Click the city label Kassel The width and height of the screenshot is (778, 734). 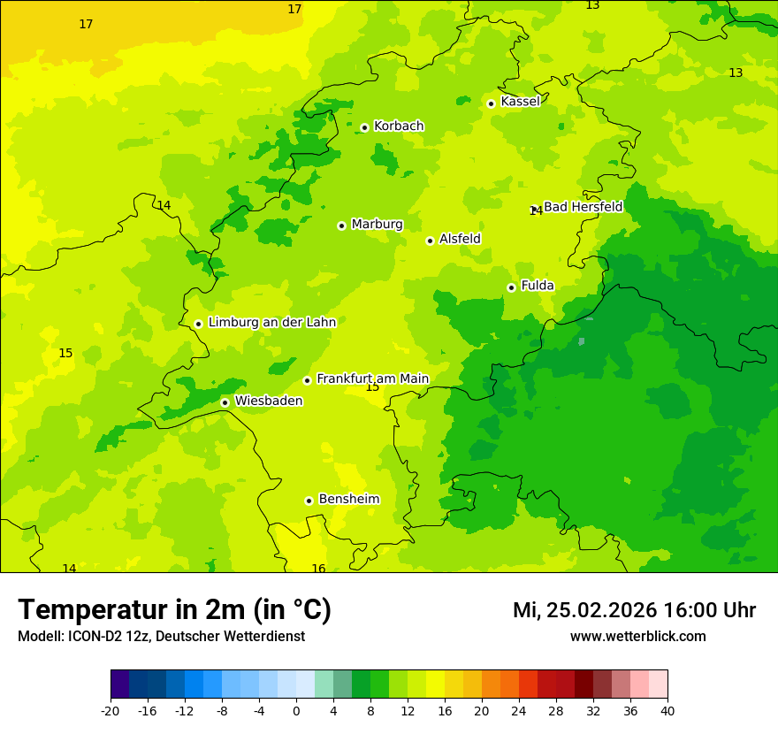click(520, 102)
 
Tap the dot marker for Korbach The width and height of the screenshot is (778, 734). click(364, 127)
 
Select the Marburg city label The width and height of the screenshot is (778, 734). click(377, 225)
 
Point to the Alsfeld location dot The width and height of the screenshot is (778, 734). click(431, 241)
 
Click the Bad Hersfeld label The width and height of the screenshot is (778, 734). click(583, 207)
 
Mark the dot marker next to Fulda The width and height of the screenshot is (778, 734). click(511, 287)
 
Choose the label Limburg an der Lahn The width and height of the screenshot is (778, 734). click(271, 323)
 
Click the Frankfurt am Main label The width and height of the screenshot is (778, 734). click(372, 378)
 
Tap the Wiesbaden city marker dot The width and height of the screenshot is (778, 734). click(225, 402)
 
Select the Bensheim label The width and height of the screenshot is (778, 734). click(348, 500)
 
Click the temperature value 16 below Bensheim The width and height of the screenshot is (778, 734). click(318, 569)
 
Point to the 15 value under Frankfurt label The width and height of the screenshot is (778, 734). click(372, 387)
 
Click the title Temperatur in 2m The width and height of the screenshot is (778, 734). click(174, 610)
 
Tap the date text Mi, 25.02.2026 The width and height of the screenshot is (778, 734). click(584, 610)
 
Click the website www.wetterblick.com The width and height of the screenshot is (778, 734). click(637, 637)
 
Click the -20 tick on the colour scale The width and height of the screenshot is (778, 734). click(111, 710)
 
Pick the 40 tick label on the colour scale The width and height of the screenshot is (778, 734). click(667, 710)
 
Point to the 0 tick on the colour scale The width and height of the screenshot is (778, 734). click(296, 710)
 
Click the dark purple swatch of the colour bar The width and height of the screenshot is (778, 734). click(119, 684)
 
